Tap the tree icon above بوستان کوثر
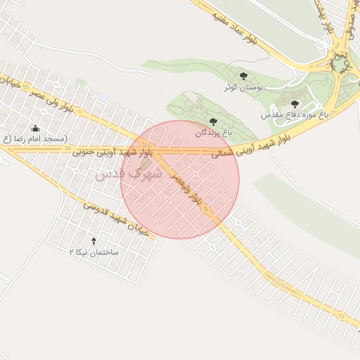tap(243, 76)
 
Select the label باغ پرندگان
tap(213, 132)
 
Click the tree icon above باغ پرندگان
tap(213, 122)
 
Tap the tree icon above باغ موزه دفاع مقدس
tap(294, 104)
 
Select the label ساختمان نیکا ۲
tap(94, 251)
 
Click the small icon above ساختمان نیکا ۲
tap(94, 241)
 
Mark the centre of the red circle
tap(180, 179)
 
